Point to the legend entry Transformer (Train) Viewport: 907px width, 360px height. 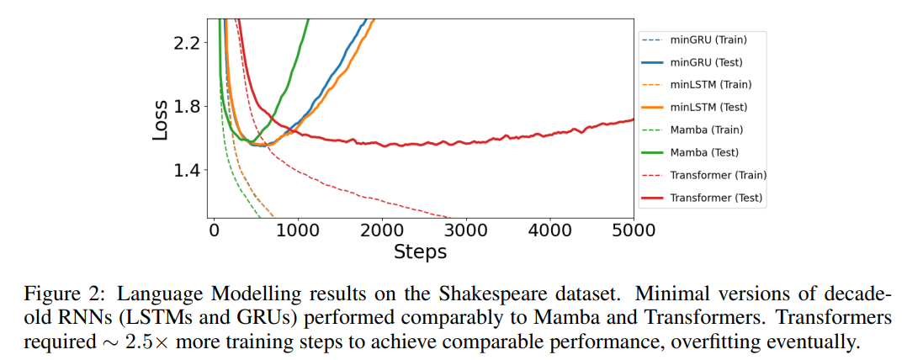click(x=718, y=176)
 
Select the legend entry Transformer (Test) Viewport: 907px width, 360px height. click(x=716, y=199)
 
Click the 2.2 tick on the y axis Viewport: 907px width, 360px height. click(x=187, y=43)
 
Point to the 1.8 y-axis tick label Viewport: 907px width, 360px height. click(x=187, y=107)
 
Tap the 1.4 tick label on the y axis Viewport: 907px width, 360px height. click(x=187, y=171)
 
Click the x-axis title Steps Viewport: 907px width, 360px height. click(x=420, y=251)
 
